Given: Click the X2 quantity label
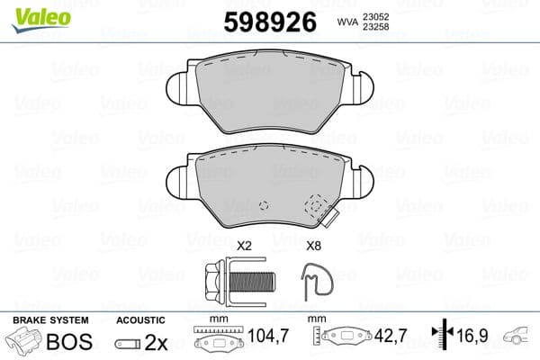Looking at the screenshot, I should (243, 245).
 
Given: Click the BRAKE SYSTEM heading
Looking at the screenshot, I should (49, 320).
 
